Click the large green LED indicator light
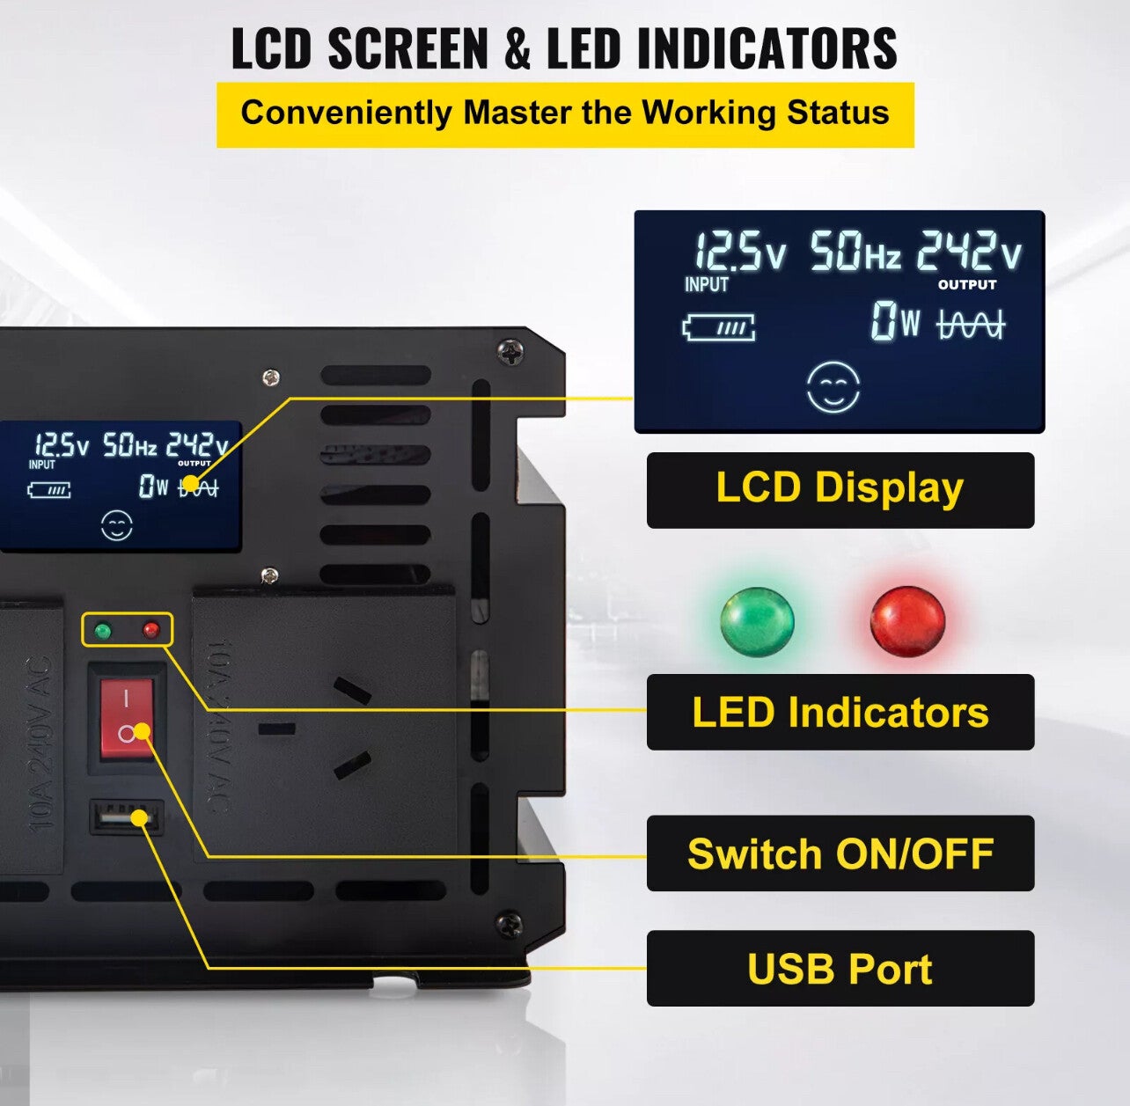click(757, 621)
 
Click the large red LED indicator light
click(907, 621)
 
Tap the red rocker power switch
click(127, 718)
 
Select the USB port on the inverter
click(126, 817)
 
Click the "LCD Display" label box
click(840, 490)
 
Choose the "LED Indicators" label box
click(840, 712)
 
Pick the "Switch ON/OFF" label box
click(840, 853)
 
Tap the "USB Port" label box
click(840, 968)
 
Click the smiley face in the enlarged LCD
click(833, 387)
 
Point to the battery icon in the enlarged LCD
click(719, 328)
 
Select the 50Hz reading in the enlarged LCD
click(855, 253)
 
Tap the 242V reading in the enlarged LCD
click(969, 253)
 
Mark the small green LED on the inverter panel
click(103, 630)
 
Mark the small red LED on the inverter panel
click(150, 630)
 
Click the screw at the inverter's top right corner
click(510, 352)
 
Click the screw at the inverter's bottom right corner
click(509, 925)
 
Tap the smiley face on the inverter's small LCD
click(117, 526)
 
